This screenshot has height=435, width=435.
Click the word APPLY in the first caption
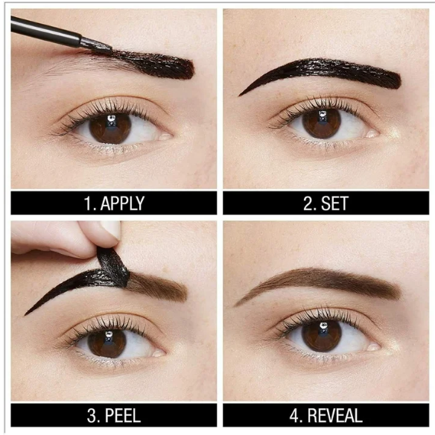point(122,203)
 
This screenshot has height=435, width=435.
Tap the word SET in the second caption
point(334,203)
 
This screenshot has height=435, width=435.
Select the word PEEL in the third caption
point(123,416)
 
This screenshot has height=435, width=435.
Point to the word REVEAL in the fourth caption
point(335,416)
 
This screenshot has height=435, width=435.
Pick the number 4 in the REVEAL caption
point(295,416)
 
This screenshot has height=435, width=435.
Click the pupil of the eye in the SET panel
point(322,123)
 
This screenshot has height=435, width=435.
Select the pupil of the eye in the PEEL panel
point(108,343)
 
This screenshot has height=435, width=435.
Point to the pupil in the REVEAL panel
point(322,336)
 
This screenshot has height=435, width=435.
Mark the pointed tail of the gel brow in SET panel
point(241,95)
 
